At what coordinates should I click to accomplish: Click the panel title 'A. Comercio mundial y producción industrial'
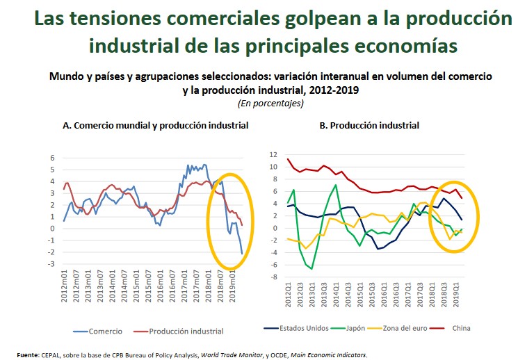155,126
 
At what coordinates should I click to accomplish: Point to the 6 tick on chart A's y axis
51,158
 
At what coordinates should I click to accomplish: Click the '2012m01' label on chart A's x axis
64,286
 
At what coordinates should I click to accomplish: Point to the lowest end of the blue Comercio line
242,254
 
